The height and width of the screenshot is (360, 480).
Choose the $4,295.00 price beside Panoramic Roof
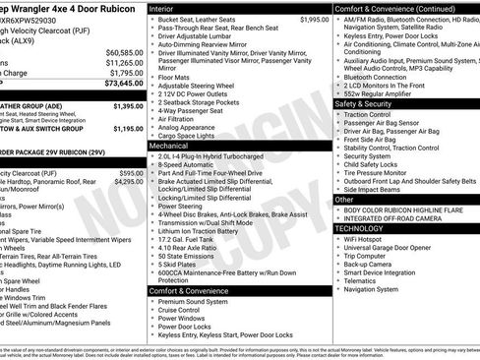(x=128, y=182)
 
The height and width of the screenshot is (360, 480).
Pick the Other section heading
(x=344, y=200)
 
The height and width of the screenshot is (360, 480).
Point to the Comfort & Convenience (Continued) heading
(x=394, y=7)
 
